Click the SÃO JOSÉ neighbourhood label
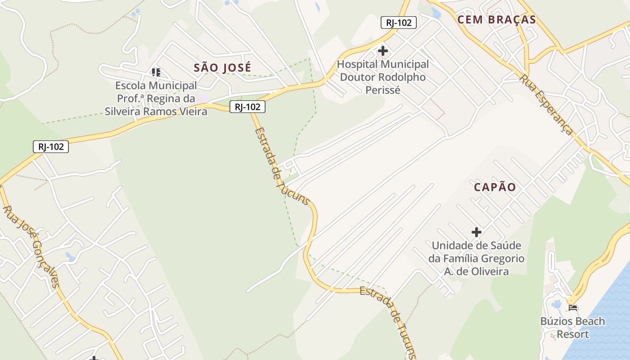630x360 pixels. pos(222,68)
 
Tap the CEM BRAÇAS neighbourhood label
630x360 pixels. pos(496,20)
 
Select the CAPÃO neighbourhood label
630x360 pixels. pos(495,187)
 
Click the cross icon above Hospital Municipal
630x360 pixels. pos(383,51)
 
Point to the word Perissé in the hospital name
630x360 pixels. pos(382,90)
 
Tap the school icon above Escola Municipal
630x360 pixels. pos(156,72)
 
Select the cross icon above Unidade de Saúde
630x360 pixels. pos(477,232)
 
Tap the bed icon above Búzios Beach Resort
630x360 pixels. pos(573,308)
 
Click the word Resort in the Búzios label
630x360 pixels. pos(572,334)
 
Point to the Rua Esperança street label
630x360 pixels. pos(546,104)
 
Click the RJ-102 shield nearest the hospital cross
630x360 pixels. pos(398,22)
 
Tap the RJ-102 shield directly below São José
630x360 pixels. pos(247,107)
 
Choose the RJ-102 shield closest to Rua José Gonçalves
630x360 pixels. pos(51,146)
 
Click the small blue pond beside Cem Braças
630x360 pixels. pos(436,13)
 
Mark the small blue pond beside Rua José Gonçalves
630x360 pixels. pos(70,257)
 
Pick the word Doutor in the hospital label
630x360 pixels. pos(357,77)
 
